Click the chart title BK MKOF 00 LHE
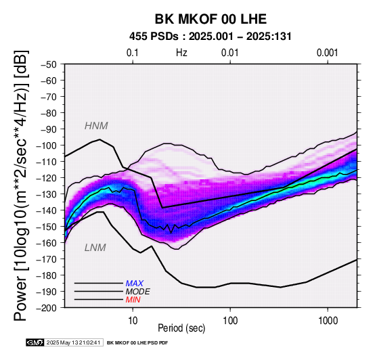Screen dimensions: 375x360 coord(211,19)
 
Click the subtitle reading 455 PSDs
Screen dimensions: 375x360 coord(154,37)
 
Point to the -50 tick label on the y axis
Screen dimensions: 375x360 coord(49,64)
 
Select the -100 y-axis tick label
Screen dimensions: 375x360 coord(47,145)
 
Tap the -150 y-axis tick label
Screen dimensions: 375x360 coord(47,227)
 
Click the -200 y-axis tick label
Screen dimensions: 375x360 coord(47,308)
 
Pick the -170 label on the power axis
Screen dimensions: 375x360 coord(47,259)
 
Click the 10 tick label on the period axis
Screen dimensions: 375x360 coord(133,321)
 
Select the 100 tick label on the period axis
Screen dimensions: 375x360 coord(230,321)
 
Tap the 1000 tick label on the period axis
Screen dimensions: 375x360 coord(328,321)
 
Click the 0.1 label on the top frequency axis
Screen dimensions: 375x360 coord(133,53)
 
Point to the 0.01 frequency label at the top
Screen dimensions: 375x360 coord(230,53)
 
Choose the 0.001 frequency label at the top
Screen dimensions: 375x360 coord(328,53)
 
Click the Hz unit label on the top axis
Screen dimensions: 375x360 coord(181,53)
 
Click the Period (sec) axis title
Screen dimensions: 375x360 coord(181,328)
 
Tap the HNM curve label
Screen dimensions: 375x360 coord(96,126)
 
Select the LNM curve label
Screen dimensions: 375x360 coord(95,248)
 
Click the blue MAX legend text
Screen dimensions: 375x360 coord(135,284)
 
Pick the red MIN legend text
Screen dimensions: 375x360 coord(133,300)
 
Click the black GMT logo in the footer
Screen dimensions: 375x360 coord(35,342)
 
